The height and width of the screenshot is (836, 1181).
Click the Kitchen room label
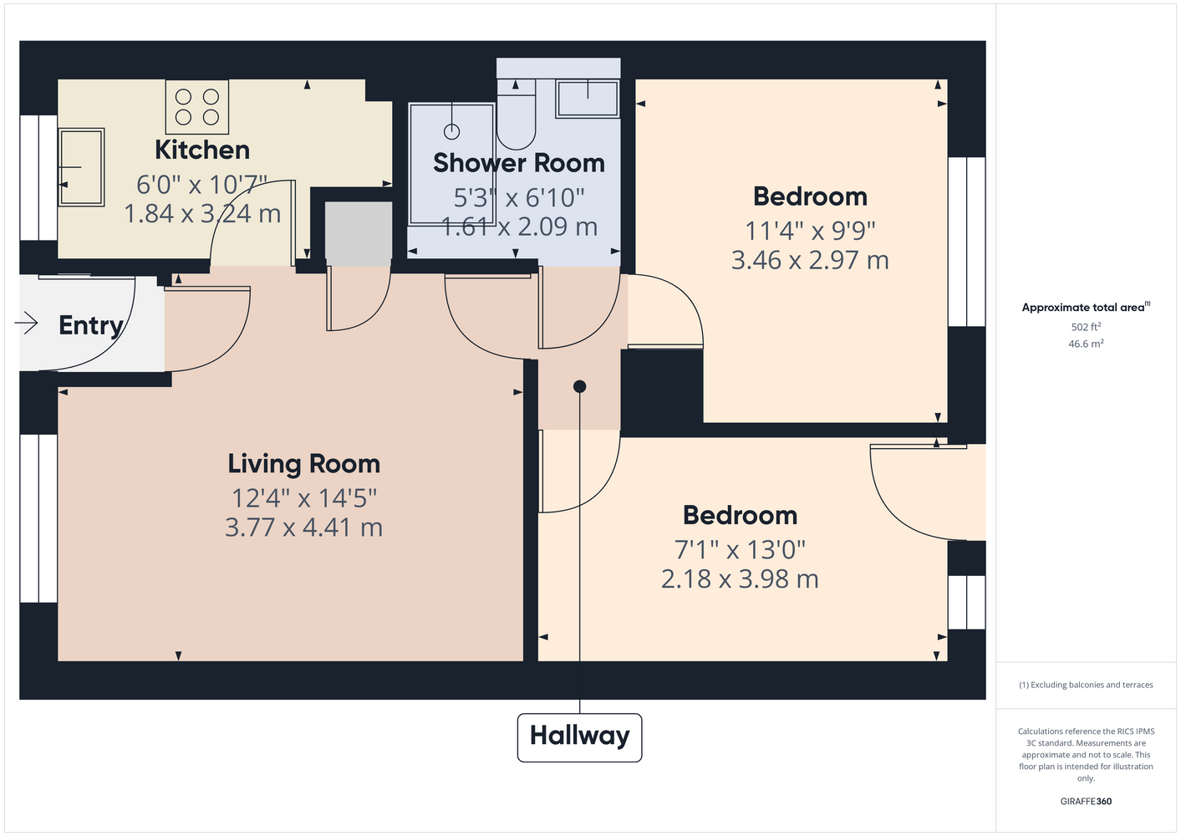202,150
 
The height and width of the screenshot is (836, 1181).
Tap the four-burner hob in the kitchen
197,106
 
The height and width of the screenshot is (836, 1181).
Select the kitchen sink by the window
81,166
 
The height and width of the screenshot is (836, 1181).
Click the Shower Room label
519,163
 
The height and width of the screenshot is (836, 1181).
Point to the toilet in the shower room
517,115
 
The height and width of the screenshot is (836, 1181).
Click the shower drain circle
452,131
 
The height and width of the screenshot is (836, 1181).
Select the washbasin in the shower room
588,99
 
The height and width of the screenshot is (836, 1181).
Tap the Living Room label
303,464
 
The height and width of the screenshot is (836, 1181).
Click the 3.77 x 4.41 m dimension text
303,528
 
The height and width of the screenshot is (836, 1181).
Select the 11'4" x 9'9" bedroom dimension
810,231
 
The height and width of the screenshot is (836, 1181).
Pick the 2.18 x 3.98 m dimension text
740,579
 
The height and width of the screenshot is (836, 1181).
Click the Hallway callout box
579,737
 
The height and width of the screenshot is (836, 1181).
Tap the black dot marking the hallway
579,386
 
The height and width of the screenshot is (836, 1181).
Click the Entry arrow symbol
27,323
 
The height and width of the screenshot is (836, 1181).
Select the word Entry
91,326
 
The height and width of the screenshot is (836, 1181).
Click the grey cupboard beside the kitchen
358,234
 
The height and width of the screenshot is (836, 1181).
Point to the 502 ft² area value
1086,327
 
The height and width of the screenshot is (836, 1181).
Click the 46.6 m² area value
1086,344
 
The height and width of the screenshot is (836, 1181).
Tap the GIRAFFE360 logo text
1086,801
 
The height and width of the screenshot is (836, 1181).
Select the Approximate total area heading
1086,307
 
